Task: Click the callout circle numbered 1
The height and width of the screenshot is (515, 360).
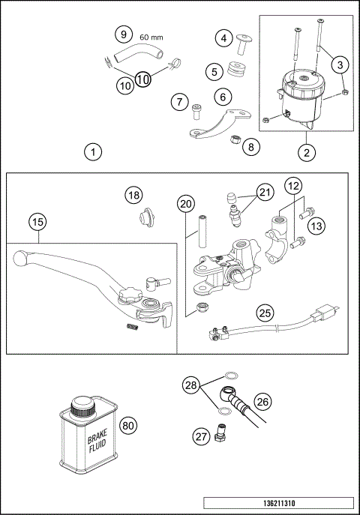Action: tap(92, 152)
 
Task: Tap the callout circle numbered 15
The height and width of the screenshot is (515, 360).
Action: tap(37, 222)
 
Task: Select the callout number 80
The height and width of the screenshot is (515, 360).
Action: tap(128, 426)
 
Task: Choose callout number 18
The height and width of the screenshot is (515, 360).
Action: tap(133, 196)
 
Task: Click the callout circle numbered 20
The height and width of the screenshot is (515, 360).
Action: tap(187, 203)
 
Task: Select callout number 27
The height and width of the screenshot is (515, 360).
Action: tap(199, 436)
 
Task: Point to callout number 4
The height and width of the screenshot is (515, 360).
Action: tap(223, 37)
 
